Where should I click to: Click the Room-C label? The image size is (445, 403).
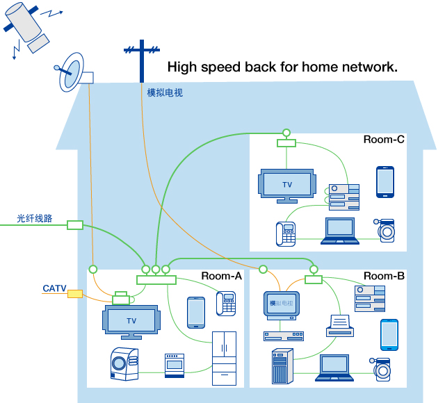(x=384, y=140)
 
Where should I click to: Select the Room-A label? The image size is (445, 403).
(x=221, y=276)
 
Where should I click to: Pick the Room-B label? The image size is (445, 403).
(x=384, y=276)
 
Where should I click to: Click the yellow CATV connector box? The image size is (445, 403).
(x=75, y=294)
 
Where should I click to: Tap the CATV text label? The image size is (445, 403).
(x=54, y=288)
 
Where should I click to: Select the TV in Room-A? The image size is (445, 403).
(x=131, y=321)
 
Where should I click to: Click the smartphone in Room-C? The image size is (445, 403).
(x=385, y=182)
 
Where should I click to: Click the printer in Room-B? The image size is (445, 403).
(x=339, y=324)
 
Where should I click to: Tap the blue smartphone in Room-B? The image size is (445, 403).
(x=389, y=335)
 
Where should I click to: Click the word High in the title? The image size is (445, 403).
(x=182, y=67)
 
